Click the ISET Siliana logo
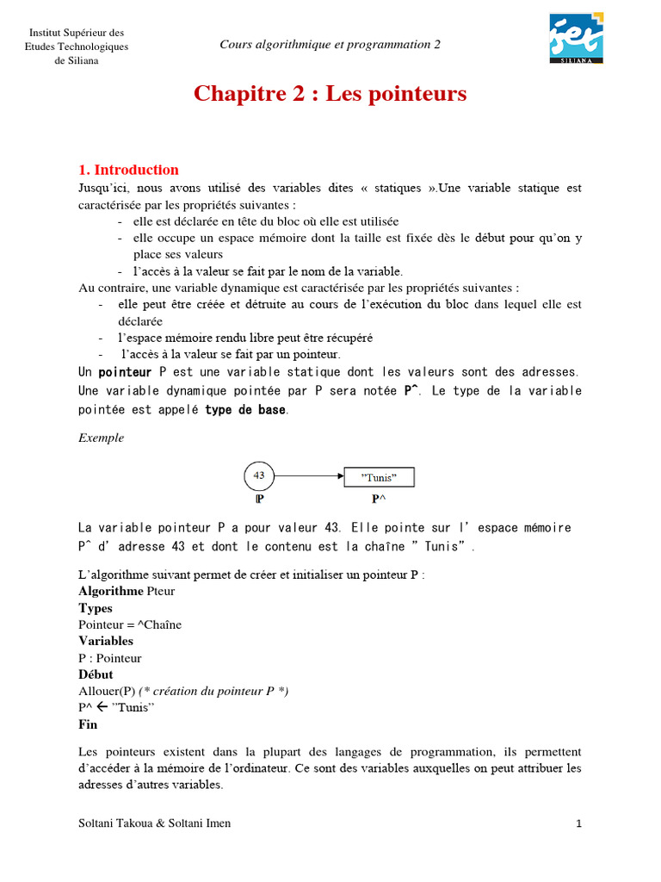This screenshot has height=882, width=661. (577, 38)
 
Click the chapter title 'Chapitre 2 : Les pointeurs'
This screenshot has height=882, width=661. (330, 94)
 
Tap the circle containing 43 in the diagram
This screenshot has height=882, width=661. (260, 475)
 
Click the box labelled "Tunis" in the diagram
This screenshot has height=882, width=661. (380, 476)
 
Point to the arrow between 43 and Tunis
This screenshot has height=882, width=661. (310, 475)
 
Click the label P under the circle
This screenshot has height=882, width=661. (259, 499)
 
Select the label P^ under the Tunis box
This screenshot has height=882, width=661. (379, 499)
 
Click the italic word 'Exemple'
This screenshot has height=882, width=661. (101, 438)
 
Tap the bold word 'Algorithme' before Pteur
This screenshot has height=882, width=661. (110, 591)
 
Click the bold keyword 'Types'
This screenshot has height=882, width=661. (96, 608)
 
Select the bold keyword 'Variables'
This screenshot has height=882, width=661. (105, 641)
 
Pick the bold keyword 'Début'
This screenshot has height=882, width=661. (96, 674)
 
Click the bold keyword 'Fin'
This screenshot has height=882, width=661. (88, 724)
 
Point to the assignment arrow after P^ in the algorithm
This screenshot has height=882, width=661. (102, 708)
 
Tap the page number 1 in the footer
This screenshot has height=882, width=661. (579, 823)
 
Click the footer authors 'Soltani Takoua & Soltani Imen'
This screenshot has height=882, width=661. (154, 823)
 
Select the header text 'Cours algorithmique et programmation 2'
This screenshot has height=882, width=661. (330, 45)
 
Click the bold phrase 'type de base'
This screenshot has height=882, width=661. (246, 410)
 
